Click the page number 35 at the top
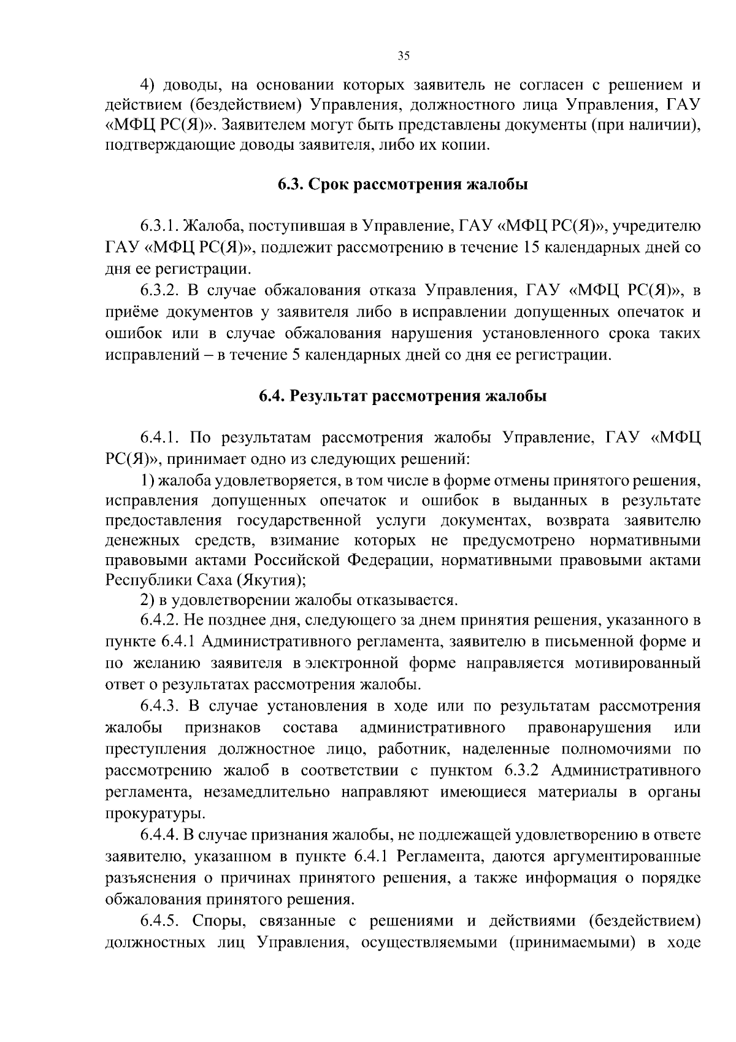tap(403, 56)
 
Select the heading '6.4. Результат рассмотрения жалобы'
tap(402, 396)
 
